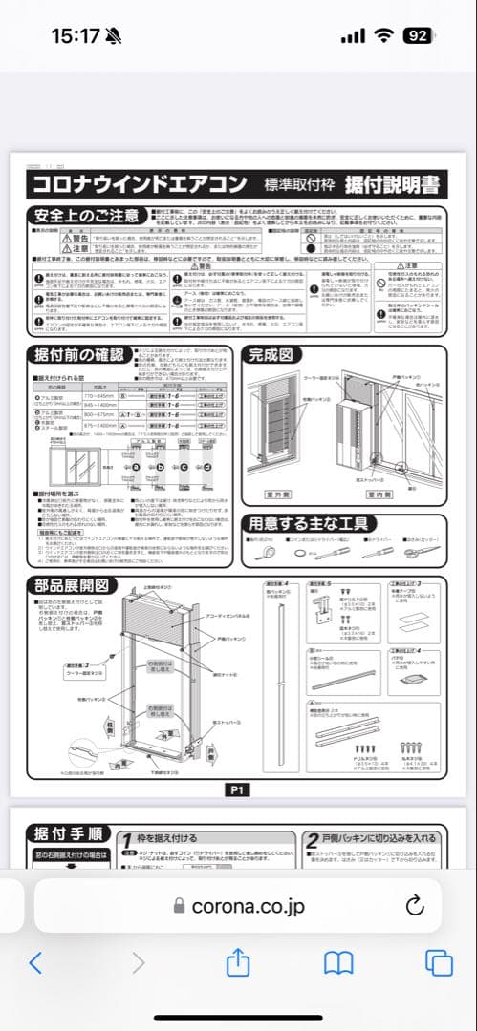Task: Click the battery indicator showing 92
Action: pyautogui.click(x=418, y=36)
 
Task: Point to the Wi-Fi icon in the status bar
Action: pyautogui.click(x=384, y=36)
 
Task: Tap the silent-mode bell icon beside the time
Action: pyautogui.click(x=115, y=36)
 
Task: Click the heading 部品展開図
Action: pyautogui.click(x=78, y=586)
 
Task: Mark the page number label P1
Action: pyautogui.click(x=238, y=789)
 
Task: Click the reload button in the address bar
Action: pyautogui.click(x=414, y=905)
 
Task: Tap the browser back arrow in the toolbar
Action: pyautogui.click(x=36, y=962)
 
